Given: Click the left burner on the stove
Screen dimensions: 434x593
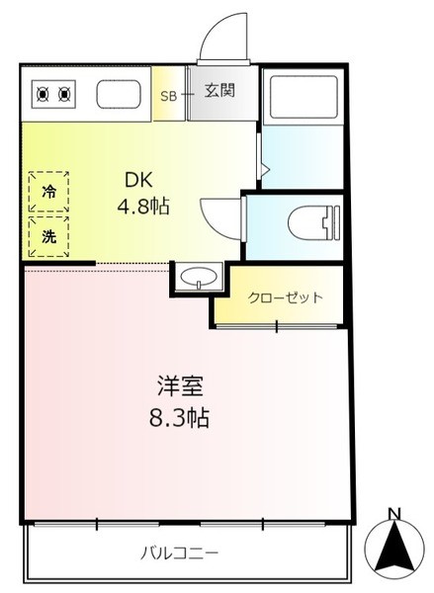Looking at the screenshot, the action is click(x=43, y=94).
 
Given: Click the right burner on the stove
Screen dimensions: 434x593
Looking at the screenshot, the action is click(x=64, y=94).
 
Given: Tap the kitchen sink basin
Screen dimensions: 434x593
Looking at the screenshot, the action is click(x=119, y=94).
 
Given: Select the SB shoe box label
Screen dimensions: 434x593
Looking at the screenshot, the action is click(x=169, y=96).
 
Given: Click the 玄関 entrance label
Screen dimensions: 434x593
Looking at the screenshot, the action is click(x=219, y=90).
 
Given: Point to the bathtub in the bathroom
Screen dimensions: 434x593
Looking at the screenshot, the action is click(x=304, y=96).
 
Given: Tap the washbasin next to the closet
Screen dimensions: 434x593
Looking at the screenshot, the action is click(x=199, y=277).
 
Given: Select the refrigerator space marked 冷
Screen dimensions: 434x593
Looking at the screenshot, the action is click(x=48, y=192).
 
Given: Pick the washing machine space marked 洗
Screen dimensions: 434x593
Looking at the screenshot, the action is click(x=48, y=237).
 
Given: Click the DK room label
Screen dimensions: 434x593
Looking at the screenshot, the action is click(x=138, y=180).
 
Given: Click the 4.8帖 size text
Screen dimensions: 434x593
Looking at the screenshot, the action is click(x=143, y=207).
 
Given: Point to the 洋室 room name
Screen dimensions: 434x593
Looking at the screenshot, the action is click(x=180, y=385).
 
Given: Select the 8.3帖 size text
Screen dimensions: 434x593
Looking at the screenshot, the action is click(x=179, y=418).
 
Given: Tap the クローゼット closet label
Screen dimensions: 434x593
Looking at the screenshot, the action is click(x=286, y=298).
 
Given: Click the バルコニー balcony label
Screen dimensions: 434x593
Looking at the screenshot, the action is click(x=179, y=554).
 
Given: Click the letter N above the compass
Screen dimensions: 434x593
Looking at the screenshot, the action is click(x=394, y=514).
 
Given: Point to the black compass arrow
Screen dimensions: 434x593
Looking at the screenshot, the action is click(x=394, y=546).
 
